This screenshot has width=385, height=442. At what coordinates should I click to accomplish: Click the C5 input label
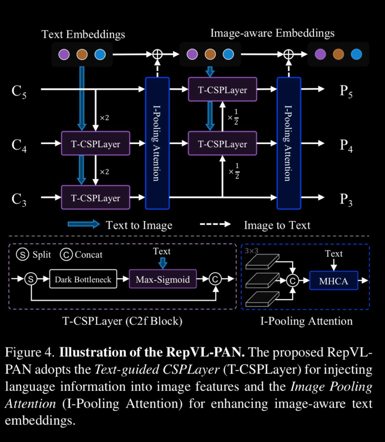tap(19, 91)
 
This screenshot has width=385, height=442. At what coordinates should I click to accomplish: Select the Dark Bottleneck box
tap(83, 279)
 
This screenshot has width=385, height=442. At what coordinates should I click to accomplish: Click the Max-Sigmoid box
tap(163, 279)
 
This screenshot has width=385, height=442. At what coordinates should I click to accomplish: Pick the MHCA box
tap(334, 281)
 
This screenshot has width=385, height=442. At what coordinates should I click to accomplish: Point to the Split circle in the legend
tap(22, 255)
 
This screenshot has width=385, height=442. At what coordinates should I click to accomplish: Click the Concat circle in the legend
tap(66, 255)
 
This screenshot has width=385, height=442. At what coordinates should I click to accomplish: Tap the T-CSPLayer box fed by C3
tap(96, 198)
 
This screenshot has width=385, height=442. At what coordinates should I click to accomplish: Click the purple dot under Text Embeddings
tap(64, 55)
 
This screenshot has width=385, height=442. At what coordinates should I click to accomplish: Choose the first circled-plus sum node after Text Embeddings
tap(157, 54)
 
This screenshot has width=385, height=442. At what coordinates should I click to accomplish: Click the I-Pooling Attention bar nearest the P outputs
tap(289, 143)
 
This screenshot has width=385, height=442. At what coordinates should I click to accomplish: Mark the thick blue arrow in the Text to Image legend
tap(84, 224)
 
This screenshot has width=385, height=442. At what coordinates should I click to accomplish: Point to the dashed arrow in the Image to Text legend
tap(215, 224)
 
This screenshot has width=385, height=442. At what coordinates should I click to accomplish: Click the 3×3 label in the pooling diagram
tap(252, 251)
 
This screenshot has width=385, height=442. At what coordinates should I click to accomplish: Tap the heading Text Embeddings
tap(83, 34)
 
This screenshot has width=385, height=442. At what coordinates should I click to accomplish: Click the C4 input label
tap(19, 145)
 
